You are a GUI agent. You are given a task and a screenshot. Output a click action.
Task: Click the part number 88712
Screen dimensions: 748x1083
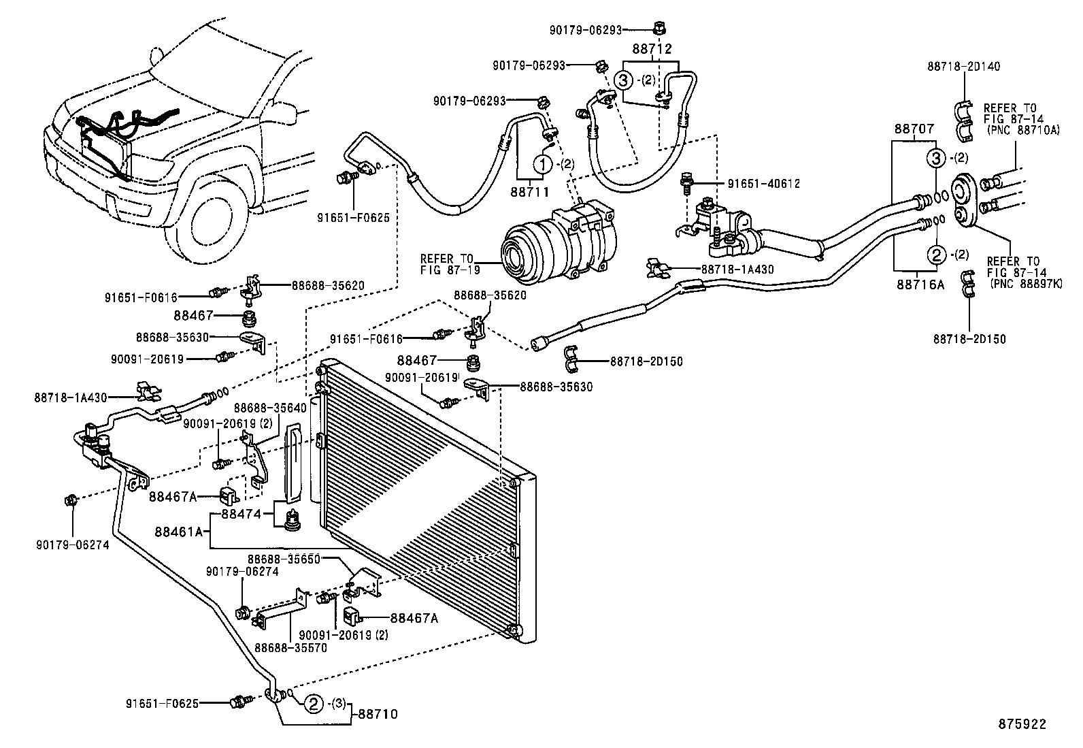pyautogui.click(x=652, y=49)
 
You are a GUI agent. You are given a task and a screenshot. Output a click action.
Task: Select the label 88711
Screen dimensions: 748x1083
pyautogui.click(x=529, y=193)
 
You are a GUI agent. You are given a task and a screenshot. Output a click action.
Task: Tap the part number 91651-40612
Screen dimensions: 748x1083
pyautogui.click(x=763, y=184)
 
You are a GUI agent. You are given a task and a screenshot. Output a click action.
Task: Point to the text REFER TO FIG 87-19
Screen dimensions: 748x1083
pyautogui.click(x=446, y=264)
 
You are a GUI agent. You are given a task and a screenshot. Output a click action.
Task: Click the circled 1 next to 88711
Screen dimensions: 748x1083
pyautogui.click(x=542, y=164)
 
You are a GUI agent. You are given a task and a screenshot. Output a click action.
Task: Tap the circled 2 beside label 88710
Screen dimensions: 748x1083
pyautogui.click(x=313, y=704)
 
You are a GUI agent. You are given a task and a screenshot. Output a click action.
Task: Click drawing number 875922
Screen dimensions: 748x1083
pyautogui.click(x=1022, y=724)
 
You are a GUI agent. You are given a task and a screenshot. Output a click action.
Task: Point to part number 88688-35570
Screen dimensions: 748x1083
pyautogui.click(x=291, y=647)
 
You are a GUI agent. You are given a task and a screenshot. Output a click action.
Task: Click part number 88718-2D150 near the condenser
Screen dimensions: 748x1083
pyautogui.click(x=646, y=361)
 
